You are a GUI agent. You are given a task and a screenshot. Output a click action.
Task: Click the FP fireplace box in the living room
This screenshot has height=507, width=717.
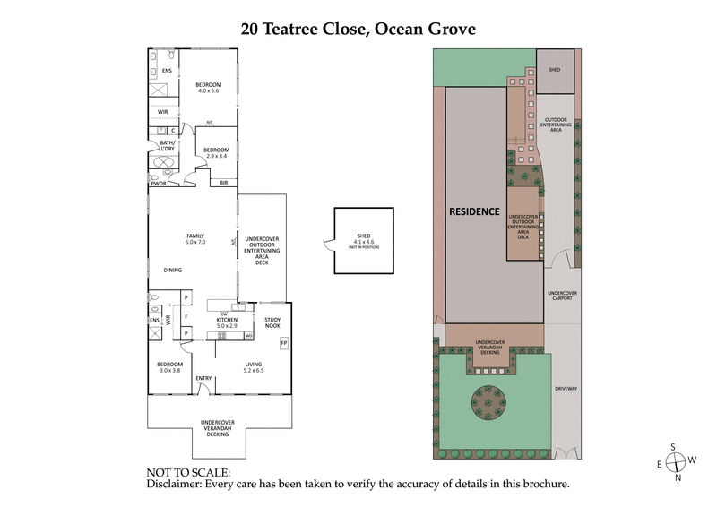[284, 343]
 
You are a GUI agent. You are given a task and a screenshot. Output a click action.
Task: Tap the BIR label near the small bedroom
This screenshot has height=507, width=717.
[223, 183]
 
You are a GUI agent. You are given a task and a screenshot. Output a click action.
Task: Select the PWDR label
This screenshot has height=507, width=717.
[160, 184]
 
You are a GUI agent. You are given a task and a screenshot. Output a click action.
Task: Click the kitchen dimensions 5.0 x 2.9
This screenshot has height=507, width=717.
[226, 327]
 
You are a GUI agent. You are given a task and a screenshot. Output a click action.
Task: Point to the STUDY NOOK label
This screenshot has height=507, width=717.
[272, 322]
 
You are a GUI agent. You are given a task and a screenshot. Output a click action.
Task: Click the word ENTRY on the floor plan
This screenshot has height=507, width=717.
[203, 378]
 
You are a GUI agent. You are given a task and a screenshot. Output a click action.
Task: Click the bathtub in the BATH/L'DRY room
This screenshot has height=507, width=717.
[163, 164]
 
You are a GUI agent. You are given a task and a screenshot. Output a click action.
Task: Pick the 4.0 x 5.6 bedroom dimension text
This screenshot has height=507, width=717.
[208, 90]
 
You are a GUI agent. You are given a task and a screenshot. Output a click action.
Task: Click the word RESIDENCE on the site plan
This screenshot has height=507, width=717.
[474, 212]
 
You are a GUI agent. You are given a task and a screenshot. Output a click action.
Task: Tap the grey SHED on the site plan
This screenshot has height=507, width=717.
[554, 70]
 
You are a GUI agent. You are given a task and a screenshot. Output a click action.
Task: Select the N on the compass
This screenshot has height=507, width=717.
[678, 477]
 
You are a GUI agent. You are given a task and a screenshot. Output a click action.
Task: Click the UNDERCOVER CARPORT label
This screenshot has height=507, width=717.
[562, 296]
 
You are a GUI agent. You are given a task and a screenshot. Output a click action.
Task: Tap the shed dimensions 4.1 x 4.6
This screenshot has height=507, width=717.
[362, 241]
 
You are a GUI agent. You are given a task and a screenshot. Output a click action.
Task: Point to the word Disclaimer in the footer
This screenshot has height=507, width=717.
[174, 484]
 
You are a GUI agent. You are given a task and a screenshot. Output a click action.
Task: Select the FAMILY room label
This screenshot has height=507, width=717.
[195, 236]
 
